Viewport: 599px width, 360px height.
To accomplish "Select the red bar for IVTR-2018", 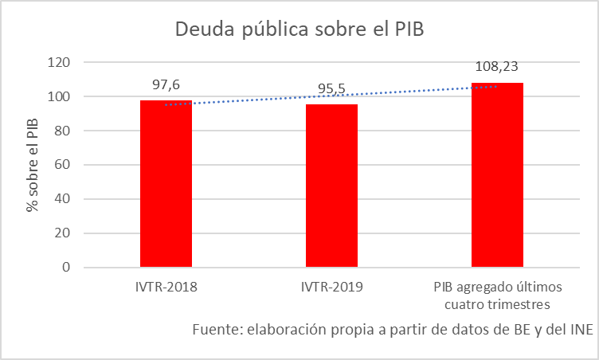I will pyautogui.click(x=166, y=183).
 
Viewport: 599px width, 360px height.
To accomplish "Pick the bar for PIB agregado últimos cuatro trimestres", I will pyautogui.click(x=497, y=175).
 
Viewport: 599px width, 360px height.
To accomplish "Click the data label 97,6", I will pyautogui.click(x=166, y=84).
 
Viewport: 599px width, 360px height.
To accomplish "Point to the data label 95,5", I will pyautogui.click(x=331, y=88).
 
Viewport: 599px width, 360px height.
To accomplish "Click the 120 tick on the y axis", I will pyautogui.click(x=60, y=62).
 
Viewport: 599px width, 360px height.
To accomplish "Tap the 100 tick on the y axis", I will pyautogui.click(x=60, y=96).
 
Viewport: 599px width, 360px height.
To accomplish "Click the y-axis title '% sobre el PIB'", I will pyautogui.click(x=33, y=165).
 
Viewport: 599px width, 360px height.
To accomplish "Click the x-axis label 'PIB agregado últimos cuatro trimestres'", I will pyautogui.click(x=497, y=295).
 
